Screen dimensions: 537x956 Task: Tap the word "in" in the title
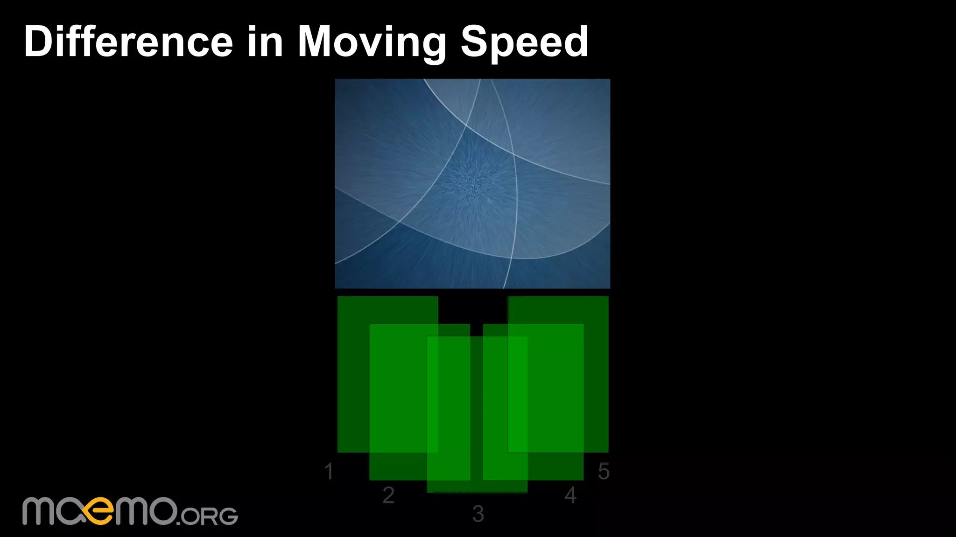click(x=265, y=42)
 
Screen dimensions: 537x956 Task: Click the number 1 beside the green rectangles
click(x=329, y=471)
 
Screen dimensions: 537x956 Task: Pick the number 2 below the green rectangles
click(x=388, y=495)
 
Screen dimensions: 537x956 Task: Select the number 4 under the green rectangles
click(x=570, y=495)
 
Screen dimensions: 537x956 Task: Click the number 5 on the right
click(x=604, y=471)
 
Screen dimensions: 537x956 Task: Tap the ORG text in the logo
click(x=208, y=516)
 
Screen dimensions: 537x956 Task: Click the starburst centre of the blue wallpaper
click(x=473, y=182)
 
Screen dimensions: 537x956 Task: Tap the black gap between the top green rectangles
click(x=473, y=309)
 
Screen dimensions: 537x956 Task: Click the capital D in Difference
click(x=39, y=42)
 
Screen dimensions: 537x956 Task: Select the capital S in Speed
click(x=475, y=42)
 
